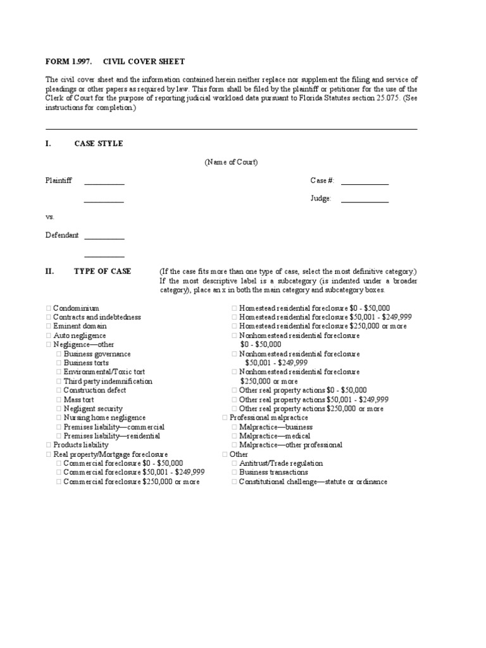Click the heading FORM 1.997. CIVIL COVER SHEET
tap(115, 61)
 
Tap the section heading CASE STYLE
tap(98, 144)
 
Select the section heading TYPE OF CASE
tap(103, 271)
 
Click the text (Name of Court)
tap(230, 163)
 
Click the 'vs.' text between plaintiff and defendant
tap(51, 216)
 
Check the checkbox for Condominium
tap(48, 308)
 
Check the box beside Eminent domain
tap(48, 327)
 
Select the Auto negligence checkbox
tap(48, 336)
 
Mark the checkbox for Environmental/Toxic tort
tap(59, 373)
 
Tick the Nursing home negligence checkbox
tap(59, 418)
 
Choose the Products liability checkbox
tap(48, 445)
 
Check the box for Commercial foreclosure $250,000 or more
tap(59, 482)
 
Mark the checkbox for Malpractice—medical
tap(234, 437)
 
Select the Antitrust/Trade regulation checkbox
tap(234, 464)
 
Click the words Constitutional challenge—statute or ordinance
tap(313, 482)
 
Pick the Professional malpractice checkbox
tap(225, 418)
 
